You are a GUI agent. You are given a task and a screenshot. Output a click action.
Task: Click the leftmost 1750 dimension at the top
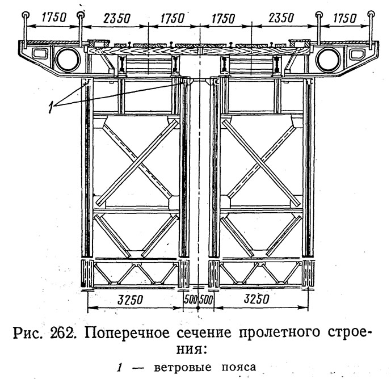point(54,18)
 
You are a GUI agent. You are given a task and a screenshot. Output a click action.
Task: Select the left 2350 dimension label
point(117,19)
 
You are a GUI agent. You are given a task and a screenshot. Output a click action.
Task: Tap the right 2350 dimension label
point(281,18)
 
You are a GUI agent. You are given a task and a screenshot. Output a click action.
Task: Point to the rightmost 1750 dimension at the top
point(345,18)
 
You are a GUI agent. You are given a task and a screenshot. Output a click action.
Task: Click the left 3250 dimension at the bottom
point(130,300)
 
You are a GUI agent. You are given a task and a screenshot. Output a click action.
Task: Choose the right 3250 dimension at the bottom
point(257,298)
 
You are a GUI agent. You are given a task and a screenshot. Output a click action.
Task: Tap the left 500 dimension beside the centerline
point(191,299)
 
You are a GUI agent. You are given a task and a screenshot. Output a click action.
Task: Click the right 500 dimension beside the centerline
point(207,299)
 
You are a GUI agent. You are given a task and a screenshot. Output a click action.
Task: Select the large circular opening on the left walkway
point(68,60)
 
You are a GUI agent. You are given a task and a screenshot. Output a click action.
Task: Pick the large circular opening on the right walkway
point(327,60)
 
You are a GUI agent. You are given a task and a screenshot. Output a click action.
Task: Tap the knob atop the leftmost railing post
point(26,15)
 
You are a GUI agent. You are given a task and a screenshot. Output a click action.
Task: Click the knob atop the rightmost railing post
point(371,14)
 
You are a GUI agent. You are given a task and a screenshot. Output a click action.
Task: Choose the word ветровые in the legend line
point(183,368)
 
